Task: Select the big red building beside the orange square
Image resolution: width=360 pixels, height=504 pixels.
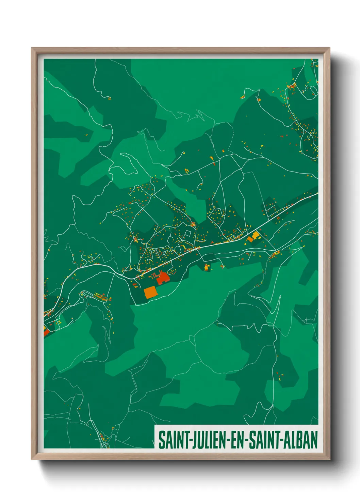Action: pyautogui.click(x=163, y=278)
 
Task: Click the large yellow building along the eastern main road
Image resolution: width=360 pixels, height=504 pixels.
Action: pyautogui.click(x=255, y=235)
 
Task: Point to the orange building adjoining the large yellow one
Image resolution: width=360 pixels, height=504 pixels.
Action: pyautogui.click(x=250, y=239)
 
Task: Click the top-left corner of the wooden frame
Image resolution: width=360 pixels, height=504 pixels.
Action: pyautogui.click(x=32, y=48)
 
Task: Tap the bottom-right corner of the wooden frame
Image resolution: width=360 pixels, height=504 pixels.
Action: pyautogui.click(x=330, y=459)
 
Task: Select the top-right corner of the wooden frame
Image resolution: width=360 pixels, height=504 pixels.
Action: pyautogui.click(x=330, y=48)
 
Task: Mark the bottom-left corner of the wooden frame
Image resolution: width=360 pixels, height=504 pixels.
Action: pyautogui.click(x=32, y=459)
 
